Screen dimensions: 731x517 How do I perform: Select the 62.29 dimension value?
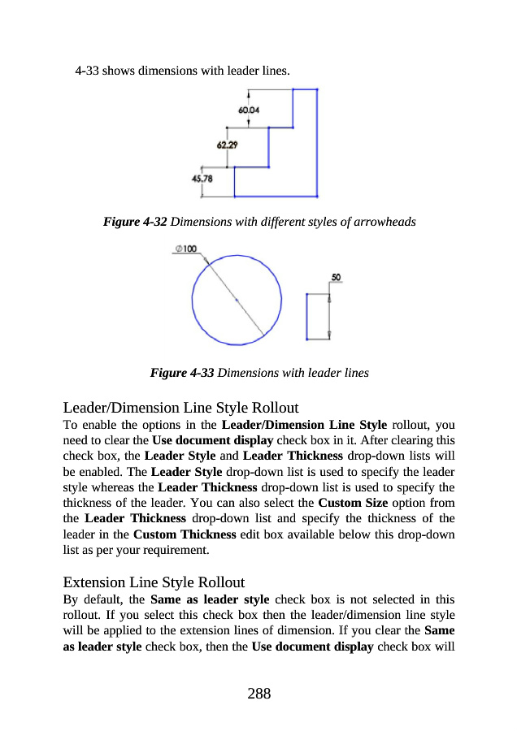[228, 145]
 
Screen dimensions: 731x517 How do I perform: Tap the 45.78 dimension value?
[202, 179]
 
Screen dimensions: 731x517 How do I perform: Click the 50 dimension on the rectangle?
[336, 277]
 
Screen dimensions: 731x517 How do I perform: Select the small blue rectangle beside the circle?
[306, 316]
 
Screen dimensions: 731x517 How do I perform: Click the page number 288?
[258, 693]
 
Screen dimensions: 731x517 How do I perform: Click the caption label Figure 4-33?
[182, 374]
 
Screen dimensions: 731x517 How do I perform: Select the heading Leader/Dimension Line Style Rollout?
[180, 407]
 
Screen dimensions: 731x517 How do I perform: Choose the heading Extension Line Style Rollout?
[154, 582]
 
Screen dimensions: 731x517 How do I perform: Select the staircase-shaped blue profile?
[316, 146]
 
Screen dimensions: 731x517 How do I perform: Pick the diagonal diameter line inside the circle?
[236, 299]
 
